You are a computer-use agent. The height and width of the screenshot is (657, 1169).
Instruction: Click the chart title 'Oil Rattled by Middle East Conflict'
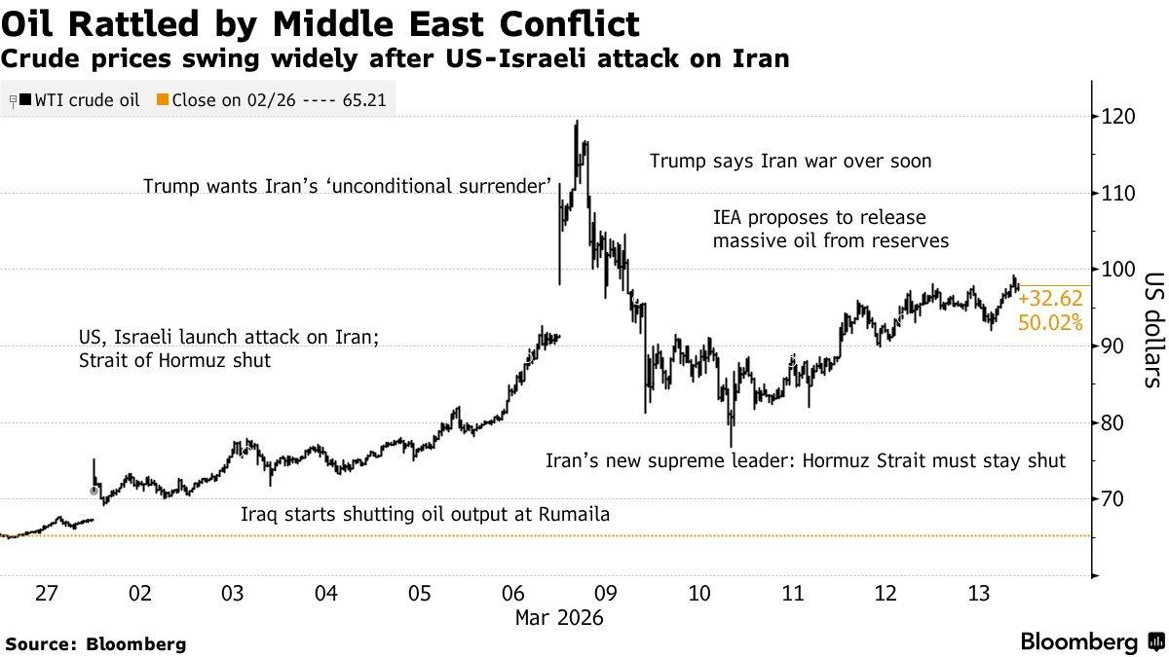point(321,23)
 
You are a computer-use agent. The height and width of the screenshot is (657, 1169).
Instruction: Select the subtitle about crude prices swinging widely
point(395,59)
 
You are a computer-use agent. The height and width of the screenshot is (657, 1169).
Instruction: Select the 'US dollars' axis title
point(1152,329)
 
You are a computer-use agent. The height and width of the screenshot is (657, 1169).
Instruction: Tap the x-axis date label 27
point(47,594)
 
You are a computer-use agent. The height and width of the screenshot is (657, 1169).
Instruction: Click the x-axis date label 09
point(605,594)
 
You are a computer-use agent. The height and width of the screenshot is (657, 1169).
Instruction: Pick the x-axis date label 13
point(977,594)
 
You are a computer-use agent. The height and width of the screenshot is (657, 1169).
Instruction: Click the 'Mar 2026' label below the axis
point(558,618)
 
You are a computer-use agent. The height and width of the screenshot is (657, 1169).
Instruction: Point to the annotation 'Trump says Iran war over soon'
point(791,162)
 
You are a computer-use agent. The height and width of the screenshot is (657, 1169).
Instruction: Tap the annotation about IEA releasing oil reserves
point(830,228)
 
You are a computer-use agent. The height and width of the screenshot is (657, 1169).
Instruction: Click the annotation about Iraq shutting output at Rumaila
point(425,514)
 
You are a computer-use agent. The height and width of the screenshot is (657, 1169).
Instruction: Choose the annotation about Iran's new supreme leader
point(806,460)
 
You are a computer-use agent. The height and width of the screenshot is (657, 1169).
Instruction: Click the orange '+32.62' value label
point(1049,300)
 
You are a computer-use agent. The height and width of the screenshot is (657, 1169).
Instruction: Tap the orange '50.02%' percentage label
point(1049,322)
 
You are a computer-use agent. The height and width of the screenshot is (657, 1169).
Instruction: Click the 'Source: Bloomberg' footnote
point(95,643)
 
